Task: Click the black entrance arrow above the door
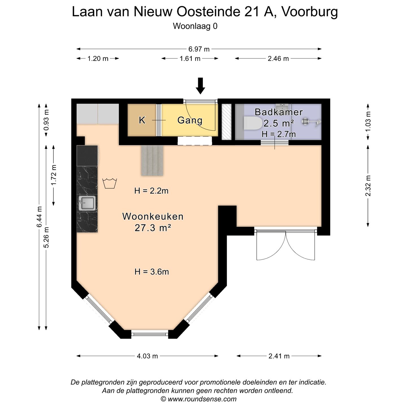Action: [x=201, y=85]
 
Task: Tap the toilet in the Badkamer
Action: [x=253, y=123]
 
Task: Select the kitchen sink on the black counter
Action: [x=87, y=203]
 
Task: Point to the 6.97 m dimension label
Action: [x=199, y=49]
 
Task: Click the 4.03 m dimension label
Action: [x=147, y=356]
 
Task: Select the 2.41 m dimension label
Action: [x=279, y=356]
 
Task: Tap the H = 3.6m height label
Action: [x=151, y=272]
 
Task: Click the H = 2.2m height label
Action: [x=151, y=191]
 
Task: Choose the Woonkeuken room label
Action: [x=153, y=217]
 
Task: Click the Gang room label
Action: [x=190, y=120]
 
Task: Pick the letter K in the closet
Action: [x=142, y=120]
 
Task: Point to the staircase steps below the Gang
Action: [x=152, y=160]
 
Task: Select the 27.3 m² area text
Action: [x=153, y=228]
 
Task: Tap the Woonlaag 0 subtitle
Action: [x=195, y=26]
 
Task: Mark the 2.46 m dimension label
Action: [x=278, y=59]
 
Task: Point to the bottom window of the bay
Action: [x=150, y=334]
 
